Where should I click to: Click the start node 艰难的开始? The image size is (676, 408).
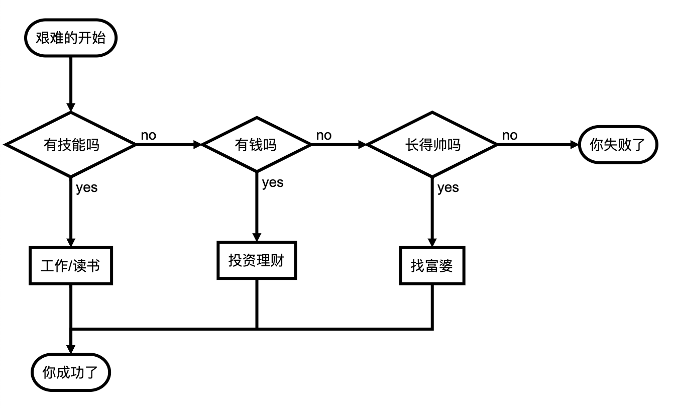click(x=71, y=38)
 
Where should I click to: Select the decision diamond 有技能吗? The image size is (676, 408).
click(x=71, y=145)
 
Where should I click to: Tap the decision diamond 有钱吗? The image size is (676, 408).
click(x=257, y=145)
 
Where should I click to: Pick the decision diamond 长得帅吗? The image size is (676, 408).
click(x=432, y=145)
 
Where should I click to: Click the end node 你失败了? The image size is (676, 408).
click(x=617, y=145)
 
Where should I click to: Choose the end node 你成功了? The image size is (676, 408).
click(x=71, y=372)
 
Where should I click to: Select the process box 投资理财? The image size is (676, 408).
click(x=257, y=260)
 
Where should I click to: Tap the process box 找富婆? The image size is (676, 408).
click(x=432, y=265)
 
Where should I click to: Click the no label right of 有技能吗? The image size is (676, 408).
click(x=148, y=135)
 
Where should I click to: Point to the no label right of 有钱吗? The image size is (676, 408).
click(x=323, y=135)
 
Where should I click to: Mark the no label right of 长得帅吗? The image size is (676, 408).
click(x=509, y=135)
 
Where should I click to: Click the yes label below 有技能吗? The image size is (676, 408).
click(x=86, y=188)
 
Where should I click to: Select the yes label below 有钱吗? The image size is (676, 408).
click(x=273, y=182)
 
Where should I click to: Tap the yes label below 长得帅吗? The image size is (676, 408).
click(x=448, y=188)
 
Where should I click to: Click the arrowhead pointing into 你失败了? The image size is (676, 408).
click(x=574, y=145)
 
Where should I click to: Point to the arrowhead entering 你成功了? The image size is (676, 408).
click(x=71, y=349)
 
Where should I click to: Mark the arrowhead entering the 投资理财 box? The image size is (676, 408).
click(x=257, y=237)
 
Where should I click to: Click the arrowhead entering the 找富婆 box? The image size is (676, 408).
click(x=432, y=242)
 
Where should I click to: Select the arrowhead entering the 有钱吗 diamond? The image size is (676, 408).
click(x=196, y=145)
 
